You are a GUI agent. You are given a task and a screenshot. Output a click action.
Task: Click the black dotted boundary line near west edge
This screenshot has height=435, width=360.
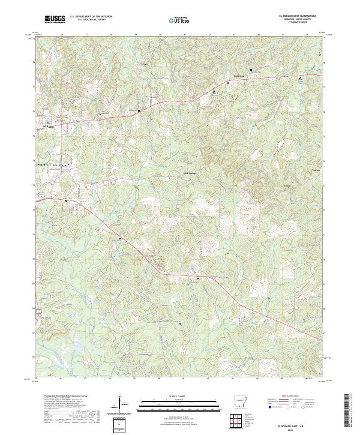(54, 164)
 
